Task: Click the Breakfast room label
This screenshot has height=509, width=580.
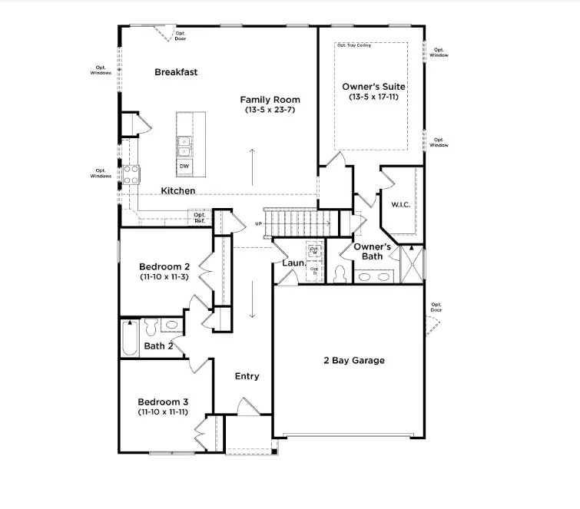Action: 176,72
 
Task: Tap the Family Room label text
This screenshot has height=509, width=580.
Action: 270,100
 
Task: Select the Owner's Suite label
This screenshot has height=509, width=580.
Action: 373,87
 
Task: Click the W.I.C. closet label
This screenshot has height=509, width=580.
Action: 400,205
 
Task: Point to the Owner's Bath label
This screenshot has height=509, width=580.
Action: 373,251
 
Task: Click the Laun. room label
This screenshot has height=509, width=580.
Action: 293,263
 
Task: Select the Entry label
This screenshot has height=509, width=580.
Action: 247,376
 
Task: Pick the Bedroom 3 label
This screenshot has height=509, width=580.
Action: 163,402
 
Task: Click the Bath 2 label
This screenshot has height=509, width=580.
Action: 159,346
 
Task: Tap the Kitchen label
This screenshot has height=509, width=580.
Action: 177,190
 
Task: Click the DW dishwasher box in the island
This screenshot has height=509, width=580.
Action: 184,165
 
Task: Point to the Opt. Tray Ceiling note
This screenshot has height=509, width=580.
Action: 353,45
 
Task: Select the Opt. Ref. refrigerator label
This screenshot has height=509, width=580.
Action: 200,217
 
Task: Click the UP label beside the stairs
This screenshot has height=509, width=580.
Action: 259,224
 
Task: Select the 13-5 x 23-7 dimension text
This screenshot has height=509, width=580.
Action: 270,111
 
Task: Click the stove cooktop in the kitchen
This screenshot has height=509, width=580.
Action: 131,174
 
